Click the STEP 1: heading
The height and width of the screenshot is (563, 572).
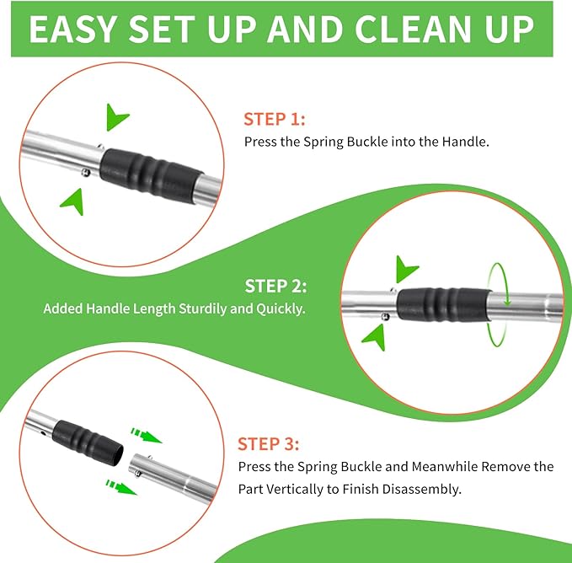[275, 120]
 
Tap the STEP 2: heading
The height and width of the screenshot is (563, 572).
[275, 286]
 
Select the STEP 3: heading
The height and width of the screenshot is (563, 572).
[268, 444]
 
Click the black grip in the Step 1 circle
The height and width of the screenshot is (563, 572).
[151, 171]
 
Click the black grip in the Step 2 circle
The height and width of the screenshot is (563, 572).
[444, 304]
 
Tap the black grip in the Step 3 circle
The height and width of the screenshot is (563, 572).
[88, 442]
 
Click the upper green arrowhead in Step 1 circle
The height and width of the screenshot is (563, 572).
[116, 117]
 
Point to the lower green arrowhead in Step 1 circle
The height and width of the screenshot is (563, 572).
[74, 201]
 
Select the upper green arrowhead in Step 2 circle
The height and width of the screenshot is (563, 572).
[405, 270]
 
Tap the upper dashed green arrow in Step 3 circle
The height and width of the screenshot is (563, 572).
[147, 436]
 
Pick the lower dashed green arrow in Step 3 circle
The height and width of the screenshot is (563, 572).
[121, 488]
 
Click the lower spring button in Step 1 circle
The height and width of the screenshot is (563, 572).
[86, 172]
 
